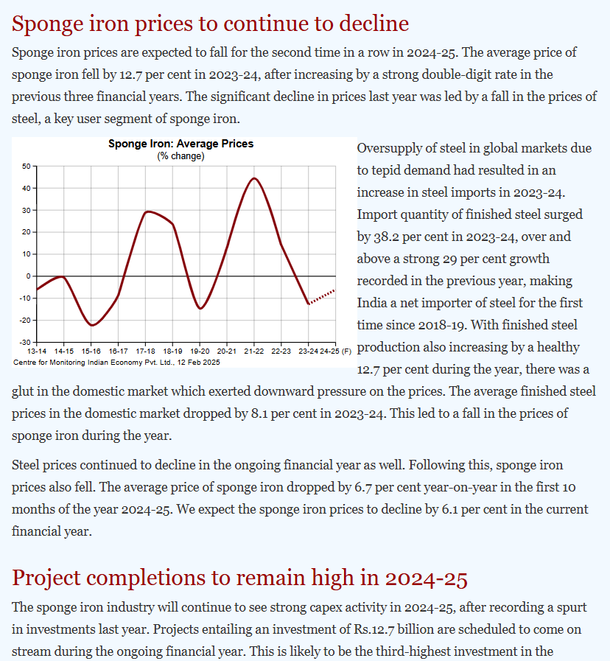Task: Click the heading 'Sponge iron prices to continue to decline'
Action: (x=210, y=24)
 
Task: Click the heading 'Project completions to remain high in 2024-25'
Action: (x=239, y=578)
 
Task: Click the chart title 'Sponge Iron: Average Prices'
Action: (x=180, y=144)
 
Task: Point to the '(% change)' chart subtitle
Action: (x=180, y=156)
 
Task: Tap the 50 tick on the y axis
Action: (x=25, y=166)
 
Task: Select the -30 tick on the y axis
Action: (x=24, y=342)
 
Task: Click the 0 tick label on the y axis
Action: (x=28, y=276)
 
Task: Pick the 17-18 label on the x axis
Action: (x=145, y=352)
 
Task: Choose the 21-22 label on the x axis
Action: (x=254, y=352)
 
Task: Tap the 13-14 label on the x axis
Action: (x=37, y=352)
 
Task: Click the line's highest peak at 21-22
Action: (x=254, y=178)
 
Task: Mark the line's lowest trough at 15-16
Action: (x=91, y=325)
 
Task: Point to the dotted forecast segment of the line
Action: (x=322, y=297)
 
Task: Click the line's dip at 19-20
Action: (x=200, y=308)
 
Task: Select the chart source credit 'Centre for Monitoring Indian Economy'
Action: (x=116, y=362)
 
